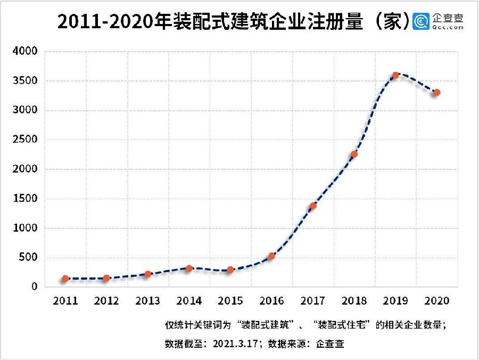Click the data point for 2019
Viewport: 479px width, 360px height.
(x=395, y=76)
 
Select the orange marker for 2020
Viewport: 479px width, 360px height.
(x=436, y=92)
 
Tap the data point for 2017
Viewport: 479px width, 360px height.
(x=313, y=206)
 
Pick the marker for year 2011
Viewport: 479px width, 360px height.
(x=65, y=279)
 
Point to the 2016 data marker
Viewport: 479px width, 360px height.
(x=271, y=256)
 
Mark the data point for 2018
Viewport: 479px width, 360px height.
(x=354, y=154)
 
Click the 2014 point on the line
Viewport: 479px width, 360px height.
(x=189, y=268)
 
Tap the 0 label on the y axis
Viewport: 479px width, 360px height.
(x=35, y=287)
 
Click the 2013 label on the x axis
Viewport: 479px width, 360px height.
(x=148, y=301)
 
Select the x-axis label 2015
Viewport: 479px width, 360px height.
(x=230, y=301)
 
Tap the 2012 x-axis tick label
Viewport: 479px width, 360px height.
(x=106, y=301)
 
